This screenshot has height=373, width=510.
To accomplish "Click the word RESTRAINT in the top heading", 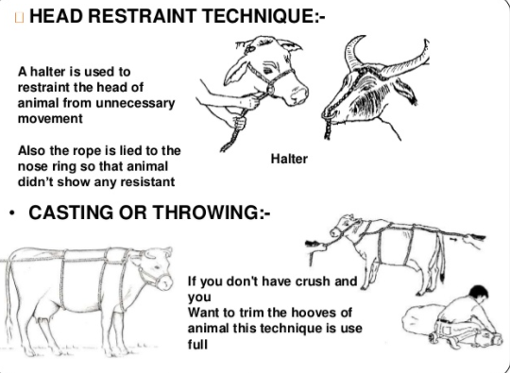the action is point(141,16).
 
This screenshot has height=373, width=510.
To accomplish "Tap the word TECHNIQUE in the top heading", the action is point(255,16).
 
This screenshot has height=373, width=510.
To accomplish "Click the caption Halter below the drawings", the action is point(289,159).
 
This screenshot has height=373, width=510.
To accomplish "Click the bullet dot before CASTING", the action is point(12,213).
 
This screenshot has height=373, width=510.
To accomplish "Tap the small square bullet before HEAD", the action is point(20,17).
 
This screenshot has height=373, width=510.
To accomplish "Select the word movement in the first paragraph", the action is point(50,119).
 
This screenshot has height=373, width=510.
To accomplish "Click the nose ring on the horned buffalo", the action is point(328,115).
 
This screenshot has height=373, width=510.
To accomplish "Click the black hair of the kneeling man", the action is point(478,292).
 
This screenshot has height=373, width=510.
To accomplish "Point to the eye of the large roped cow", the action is point(158,266).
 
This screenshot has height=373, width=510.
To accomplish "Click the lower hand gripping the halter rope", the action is point(239,123).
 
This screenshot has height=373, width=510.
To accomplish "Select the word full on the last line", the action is point(197,344).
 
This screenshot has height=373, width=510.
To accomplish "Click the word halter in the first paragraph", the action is point(50,72).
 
